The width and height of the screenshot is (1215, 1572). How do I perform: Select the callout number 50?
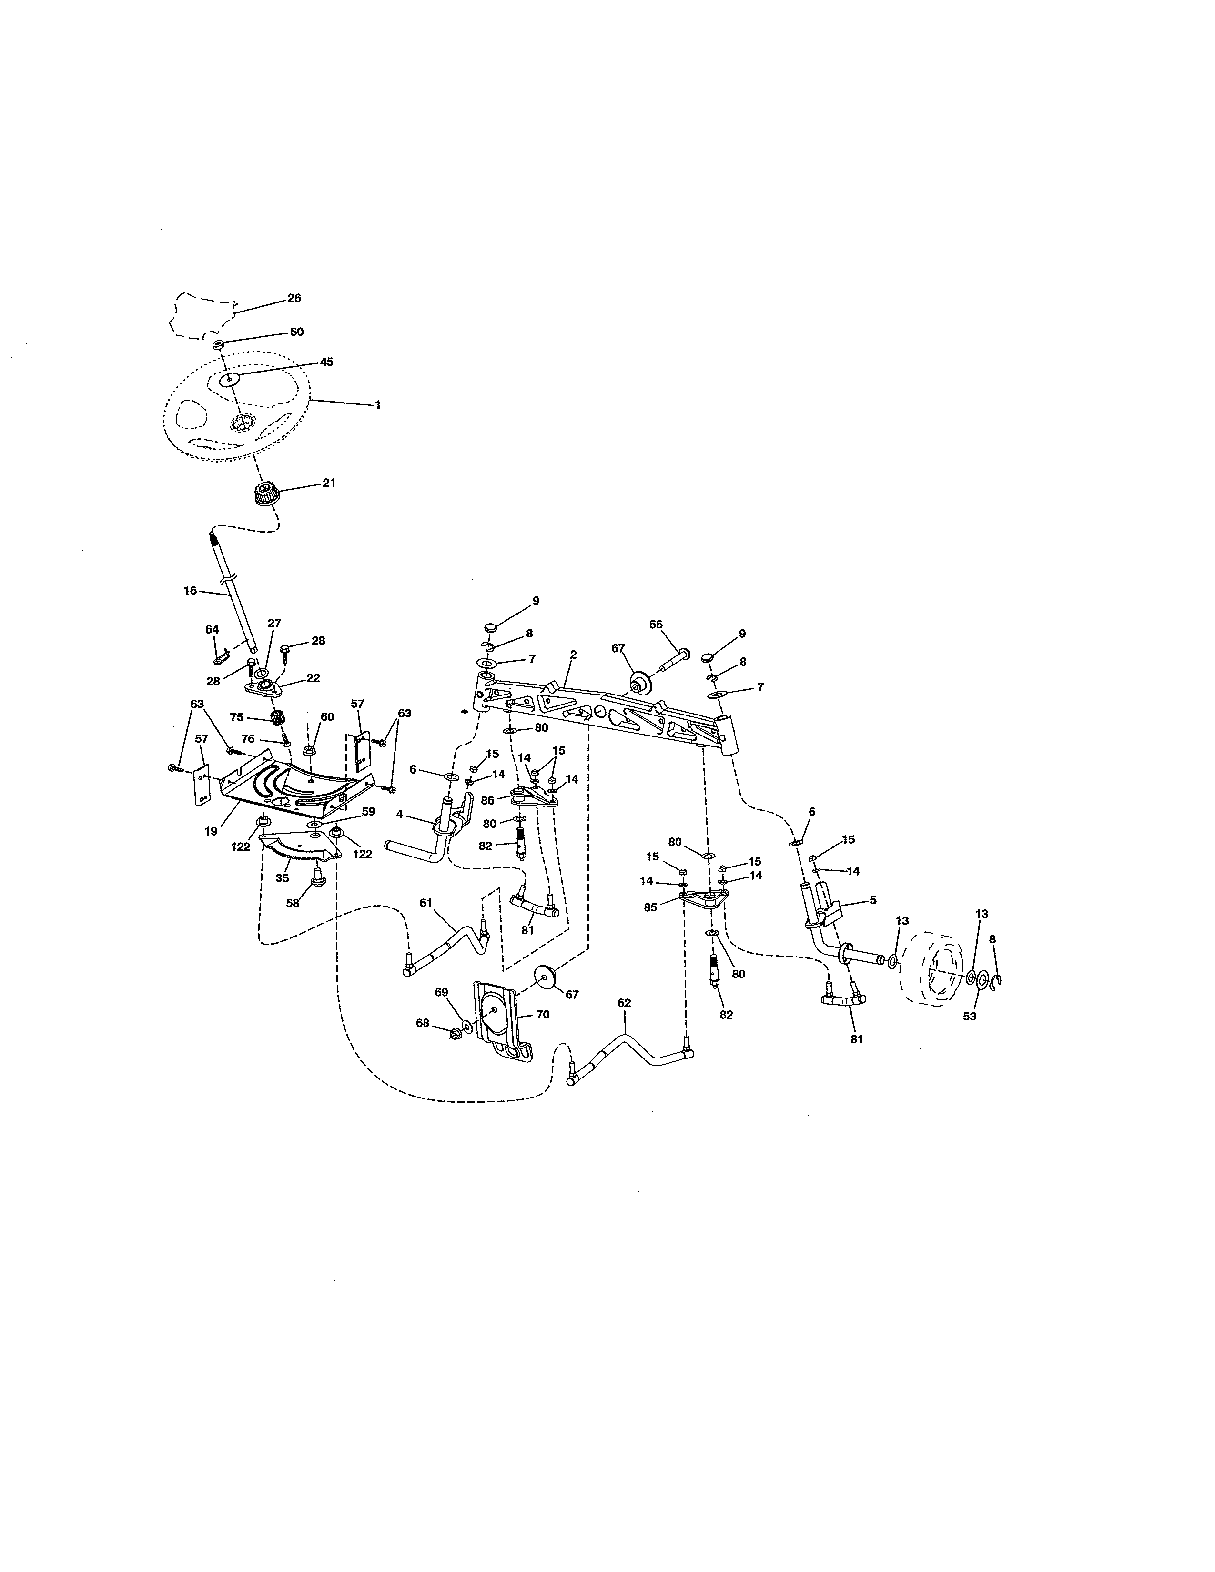(296, 332)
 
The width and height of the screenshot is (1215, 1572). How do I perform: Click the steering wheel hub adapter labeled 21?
(267, 497)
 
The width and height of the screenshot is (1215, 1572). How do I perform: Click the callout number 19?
(211, 831)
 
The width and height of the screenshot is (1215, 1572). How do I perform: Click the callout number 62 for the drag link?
(624, 1003)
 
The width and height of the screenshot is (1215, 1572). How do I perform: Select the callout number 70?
(542, 1014)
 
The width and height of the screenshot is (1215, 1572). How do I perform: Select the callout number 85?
(651, 907)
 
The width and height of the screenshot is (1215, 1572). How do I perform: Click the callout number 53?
(970, 1017)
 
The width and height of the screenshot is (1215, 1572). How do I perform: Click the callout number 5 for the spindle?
(872, 900)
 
